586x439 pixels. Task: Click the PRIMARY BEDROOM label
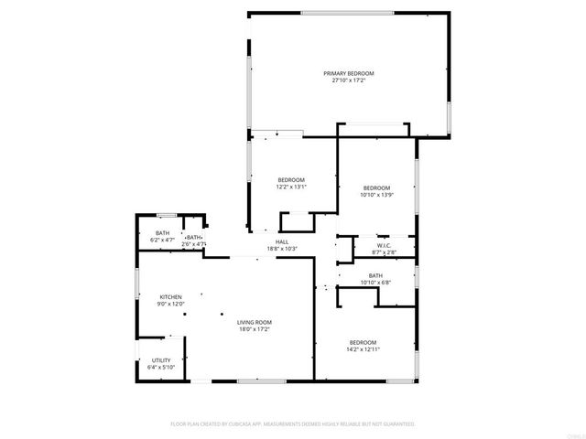pos(348,73)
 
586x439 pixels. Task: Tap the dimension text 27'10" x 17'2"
pos(348,80)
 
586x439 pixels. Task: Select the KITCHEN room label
pos(171,297)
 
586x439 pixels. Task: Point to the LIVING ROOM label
pos(255,322)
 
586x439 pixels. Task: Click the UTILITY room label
pos(161,360)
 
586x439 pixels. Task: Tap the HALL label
pos(283,242)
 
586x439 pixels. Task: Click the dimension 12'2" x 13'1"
pos(291,187)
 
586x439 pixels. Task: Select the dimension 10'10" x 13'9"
pos(376,194)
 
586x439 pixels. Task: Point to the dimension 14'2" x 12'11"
pos(363,348)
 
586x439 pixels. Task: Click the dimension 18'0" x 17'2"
pos(255,328)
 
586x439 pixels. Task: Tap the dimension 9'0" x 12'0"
pos(171,304)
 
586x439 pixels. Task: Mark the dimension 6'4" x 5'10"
pos(161,367)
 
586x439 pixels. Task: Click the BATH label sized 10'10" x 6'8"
pos(375,275)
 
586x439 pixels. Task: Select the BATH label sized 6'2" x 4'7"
pos(162,233)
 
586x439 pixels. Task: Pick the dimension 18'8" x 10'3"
pos(283,249)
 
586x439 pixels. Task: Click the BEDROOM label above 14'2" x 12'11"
pos(363,342)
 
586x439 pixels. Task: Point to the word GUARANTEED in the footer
pos(396,424)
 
